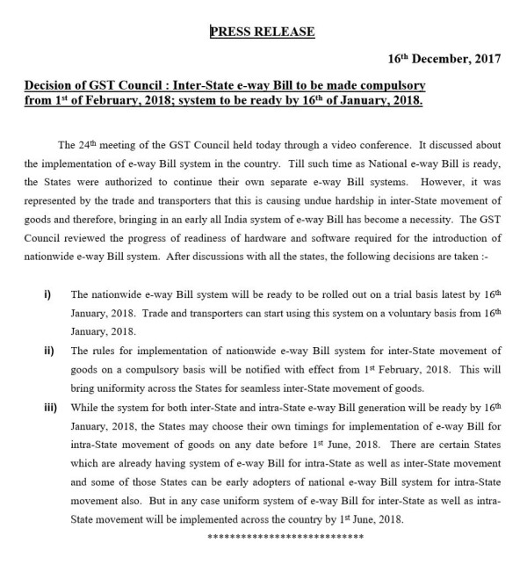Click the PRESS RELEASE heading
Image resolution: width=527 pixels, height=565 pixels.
[262, 33]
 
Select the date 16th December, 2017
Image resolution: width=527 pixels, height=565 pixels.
[444, 60]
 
